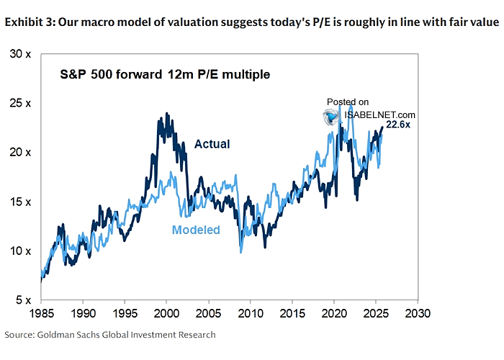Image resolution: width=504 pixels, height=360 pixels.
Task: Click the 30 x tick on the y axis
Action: tap(21, 54)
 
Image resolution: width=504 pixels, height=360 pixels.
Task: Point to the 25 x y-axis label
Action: tap(21, 103)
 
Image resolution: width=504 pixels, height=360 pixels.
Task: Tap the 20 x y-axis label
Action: tap(21, 153)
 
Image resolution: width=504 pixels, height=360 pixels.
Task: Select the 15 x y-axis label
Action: tap(21, 202)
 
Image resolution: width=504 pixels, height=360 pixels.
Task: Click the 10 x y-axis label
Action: tap(21, 251)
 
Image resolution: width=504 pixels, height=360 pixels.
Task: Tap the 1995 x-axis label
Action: tap(124, 314)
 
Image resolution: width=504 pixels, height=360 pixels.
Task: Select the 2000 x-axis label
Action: tap(166, 314)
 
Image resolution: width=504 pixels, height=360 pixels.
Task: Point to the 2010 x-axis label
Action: tap(250, 314)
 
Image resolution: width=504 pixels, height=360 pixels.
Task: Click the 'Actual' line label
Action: tap(212, 144)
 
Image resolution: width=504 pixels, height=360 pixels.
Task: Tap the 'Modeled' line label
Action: tap(196, 230)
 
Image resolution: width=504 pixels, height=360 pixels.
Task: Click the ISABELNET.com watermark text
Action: tap(380, 114)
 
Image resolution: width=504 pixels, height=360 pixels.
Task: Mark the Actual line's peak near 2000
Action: tap(167, 113)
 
